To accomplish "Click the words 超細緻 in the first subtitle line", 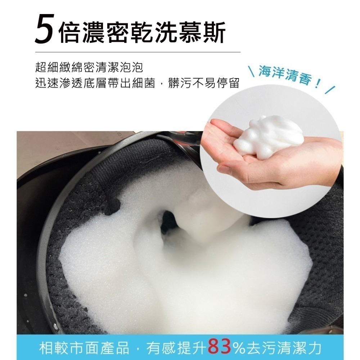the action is pos(53,67).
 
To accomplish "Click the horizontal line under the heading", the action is pos(138,52).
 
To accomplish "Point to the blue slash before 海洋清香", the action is pos(252,71).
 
